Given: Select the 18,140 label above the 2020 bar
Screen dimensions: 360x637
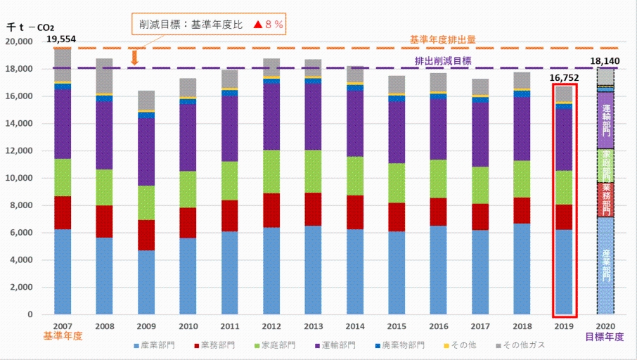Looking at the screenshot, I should [605, 61].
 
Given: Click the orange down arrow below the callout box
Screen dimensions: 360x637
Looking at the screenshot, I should [134, 56].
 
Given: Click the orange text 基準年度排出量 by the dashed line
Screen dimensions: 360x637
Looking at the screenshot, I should [443, 40].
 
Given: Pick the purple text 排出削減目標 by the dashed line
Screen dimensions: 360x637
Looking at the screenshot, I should [443, 60].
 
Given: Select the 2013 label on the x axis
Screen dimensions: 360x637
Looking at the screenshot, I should [314, 326].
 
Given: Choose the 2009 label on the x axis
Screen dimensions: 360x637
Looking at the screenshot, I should [146, 326].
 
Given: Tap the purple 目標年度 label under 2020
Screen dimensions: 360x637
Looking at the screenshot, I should [605, 337].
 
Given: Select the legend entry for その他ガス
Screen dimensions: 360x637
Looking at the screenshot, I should [520, 345].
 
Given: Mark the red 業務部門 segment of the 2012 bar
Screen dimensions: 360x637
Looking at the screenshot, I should [272, 210].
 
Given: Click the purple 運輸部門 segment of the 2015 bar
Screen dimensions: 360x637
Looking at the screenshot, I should [398, 132].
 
